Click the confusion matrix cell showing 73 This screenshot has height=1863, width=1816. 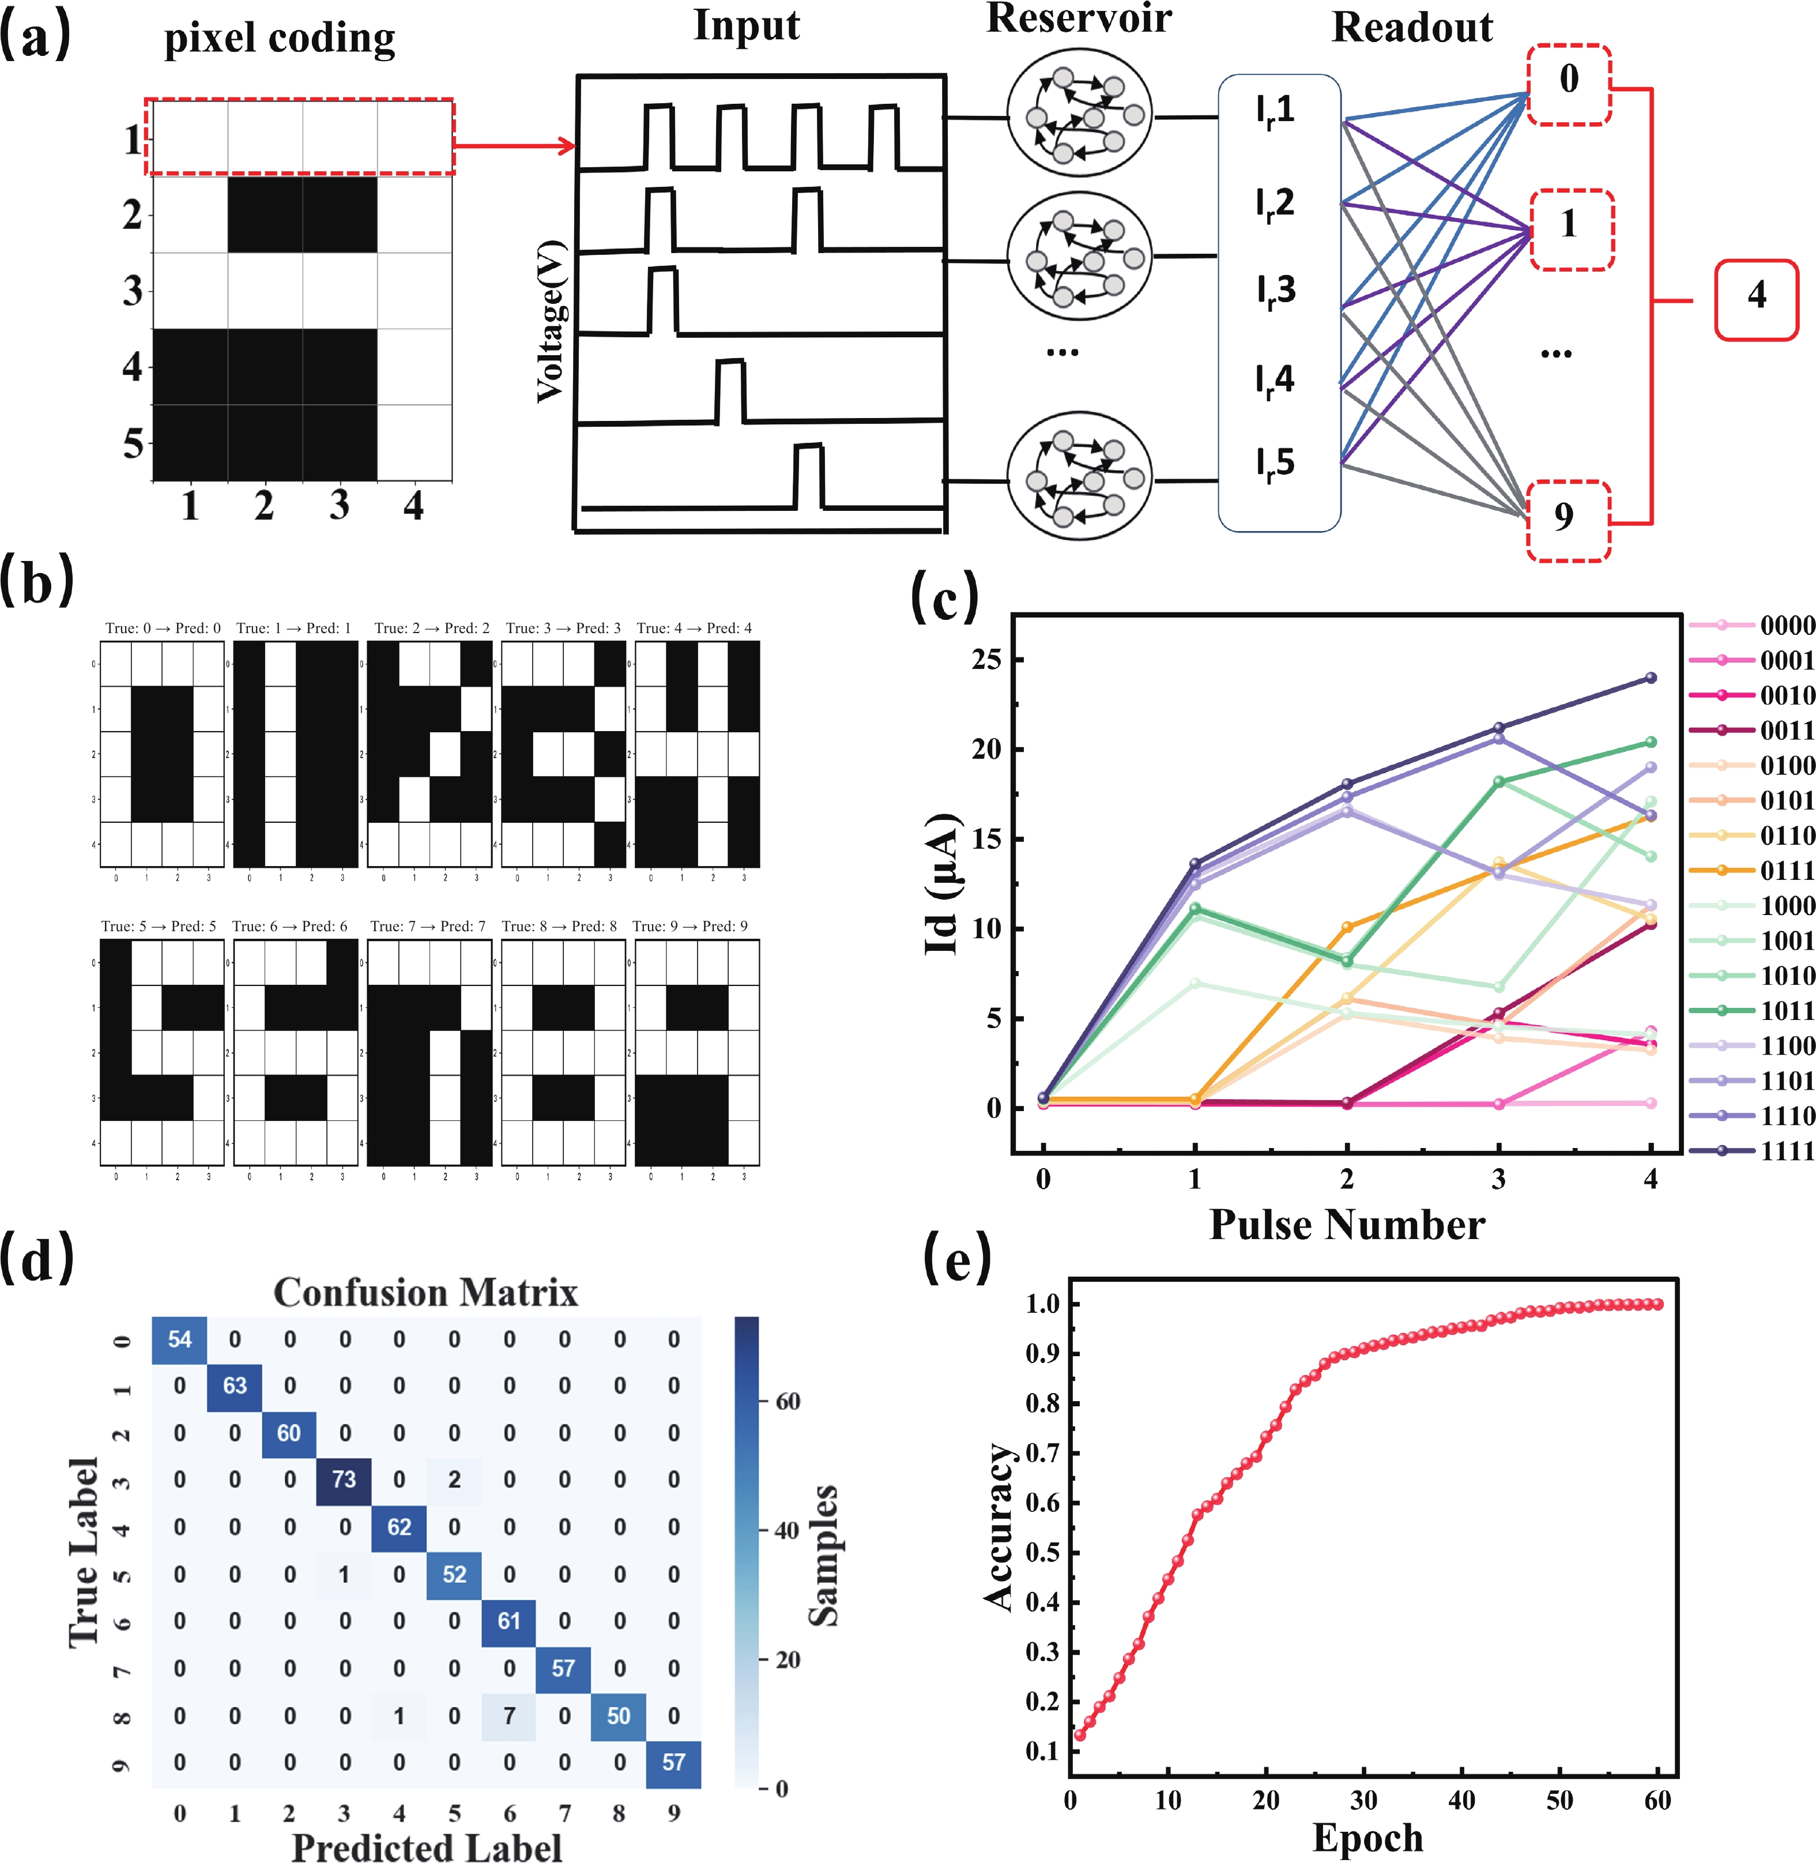pyautogui.click(x=344, y=1480)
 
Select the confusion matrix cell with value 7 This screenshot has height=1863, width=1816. pyautogui.click(x=509, y=1715)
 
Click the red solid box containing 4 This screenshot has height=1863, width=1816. pyautogui.click(x=1756, y=299)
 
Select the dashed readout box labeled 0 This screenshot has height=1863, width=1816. pyautogui.click(x=1569, y=84)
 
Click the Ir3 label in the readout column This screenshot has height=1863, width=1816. pyautogui.click(x=1275, y=291)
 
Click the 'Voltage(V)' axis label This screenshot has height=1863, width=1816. pyautogui.click(x=551, y=322)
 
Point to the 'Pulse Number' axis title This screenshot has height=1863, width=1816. pyautogui.click(x=1347, y=1224)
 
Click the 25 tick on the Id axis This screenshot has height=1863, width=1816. pyautogui.click(x=986, y=659)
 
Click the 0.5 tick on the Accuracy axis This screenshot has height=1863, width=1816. pyautogui.click(x=1042, y=1552)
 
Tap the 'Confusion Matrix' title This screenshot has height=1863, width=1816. pyautogui.click(x=425, y=1293)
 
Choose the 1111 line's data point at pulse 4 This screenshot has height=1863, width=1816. pyautogui.click(x=1651, y=678)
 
